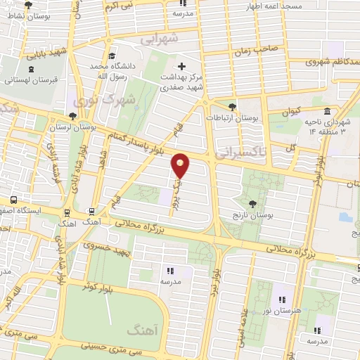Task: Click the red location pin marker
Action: pos(181,165)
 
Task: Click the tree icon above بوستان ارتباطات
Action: pos(233,106)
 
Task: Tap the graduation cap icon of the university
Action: pos(112,56)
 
